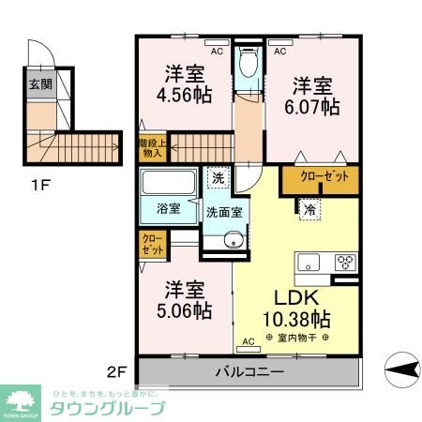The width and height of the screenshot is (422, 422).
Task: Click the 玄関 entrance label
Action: click(x=39, y=84)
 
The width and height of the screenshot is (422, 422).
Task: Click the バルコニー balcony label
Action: click(x=250, y=372)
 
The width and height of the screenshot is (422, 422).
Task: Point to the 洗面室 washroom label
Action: click(x=225, y=211)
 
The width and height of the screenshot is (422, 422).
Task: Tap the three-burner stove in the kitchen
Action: click(x=344, y=263)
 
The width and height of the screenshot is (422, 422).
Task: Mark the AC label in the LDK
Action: click(x=249, y=341)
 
